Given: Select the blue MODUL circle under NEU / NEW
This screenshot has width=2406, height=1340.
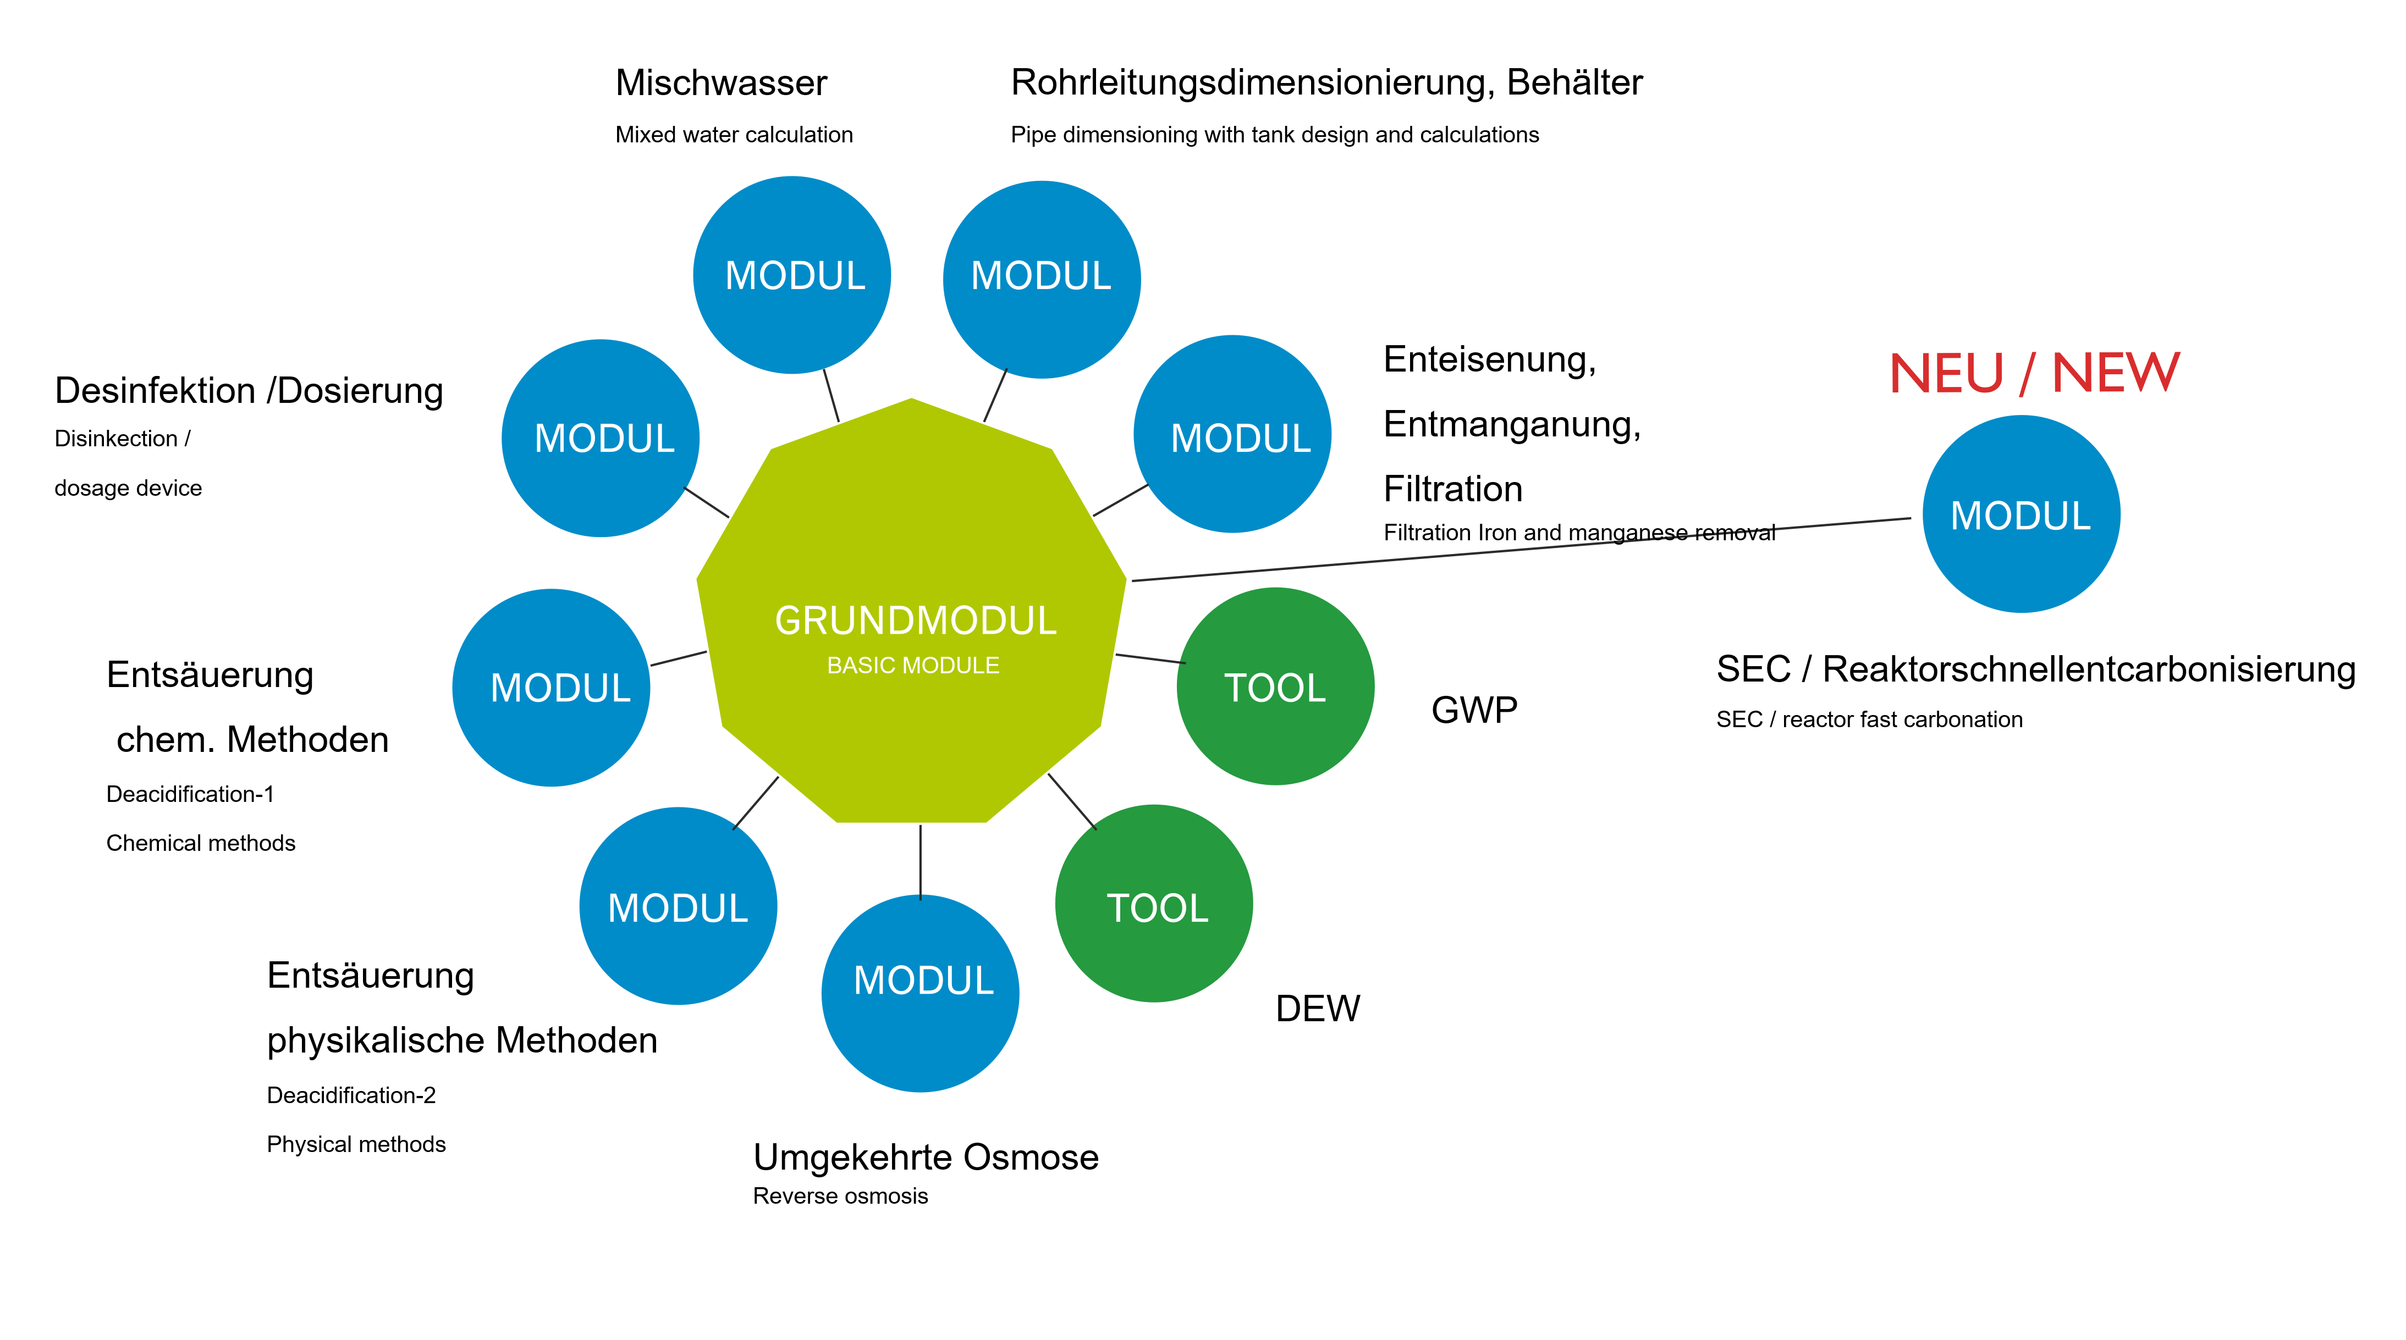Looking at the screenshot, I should pos(2020,514).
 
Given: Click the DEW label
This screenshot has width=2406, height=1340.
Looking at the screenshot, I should pos(1317,1009).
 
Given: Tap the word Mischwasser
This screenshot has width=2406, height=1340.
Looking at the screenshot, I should pos(721,83).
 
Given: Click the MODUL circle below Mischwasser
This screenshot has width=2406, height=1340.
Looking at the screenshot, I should pos(792,275).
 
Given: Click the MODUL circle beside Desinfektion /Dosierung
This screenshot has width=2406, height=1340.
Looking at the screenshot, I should pos(601,438).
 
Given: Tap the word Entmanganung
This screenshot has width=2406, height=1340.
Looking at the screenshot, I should pos(1510,425).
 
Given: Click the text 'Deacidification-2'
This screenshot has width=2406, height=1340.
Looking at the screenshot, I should pos(351,1095).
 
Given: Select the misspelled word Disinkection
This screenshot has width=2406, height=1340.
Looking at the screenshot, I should pos(116,439).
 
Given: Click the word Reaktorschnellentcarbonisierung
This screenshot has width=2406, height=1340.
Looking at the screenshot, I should pos(2089,669).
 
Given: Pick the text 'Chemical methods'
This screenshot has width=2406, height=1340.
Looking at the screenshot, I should pos(201,843).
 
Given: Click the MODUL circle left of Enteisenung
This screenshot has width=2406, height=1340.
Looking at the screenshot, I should pos(1232,434).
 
